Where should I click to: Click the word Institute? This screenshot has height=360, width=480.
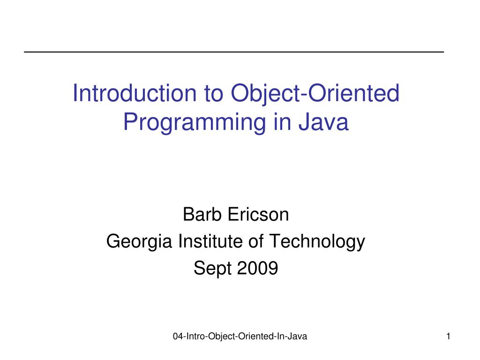tap(209, 241)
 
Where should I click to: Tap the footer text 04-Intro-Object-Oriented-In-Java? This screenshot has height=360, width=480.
tap(240, 336)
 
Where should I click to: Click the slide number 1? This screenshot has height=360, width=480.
tap(449, 336)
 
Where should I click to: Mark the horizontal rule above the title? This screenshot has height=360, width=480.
tap(234, 51)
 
